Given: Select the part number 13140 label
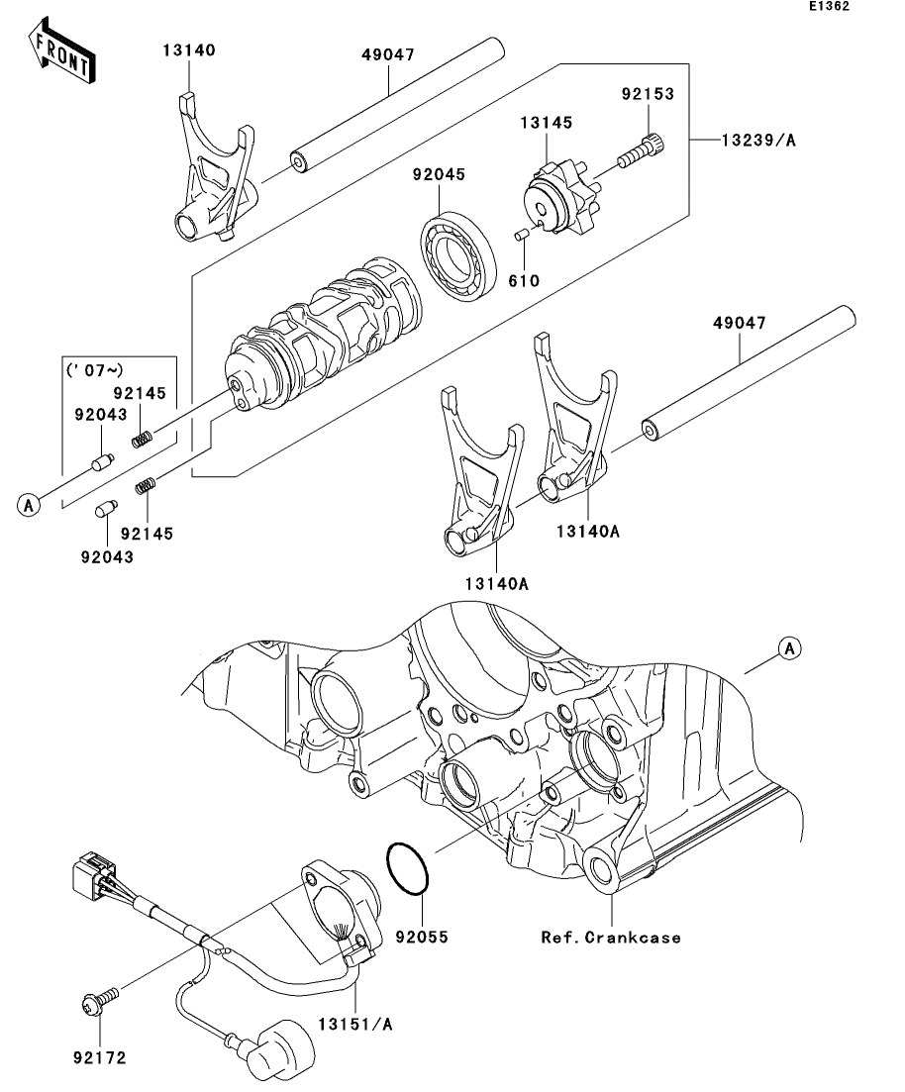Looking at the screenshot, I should click(189, 50).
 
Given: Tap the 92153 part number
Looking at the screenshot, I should click(648, 95).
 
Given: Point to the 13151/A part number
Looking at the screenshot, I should click(353, 1025).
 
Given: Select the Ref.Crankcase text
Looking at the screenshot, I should click(611, 937).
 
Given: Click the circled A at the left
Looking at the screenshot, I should click(29, 505).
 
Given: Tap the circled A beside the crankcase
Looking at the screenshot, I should click(788, 648).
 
